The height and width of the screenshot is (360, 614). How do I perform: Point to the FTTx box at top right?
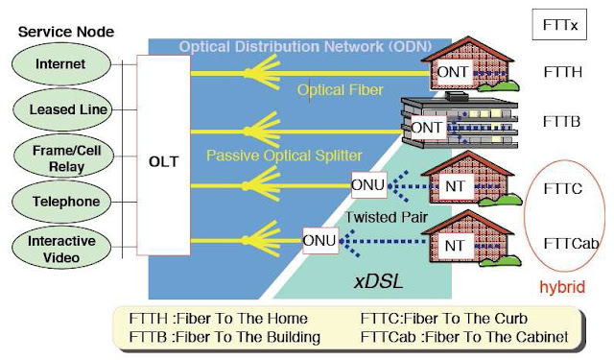(x=560, y=24)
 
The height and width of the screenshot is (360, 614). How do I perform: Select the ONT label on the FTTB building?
(x=428, y=127)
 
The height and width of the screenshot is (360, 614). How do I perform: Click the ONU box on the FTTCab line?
(x=319, y=241)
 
